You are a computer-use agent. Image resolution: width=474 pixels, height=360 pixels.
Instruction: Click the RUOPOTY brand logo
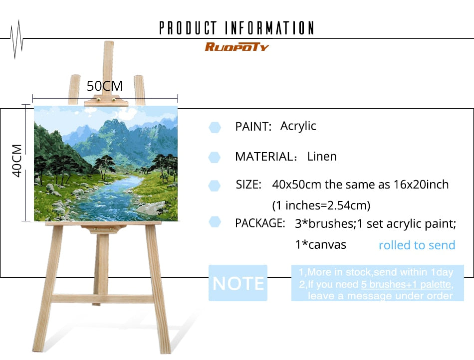click(237, 47)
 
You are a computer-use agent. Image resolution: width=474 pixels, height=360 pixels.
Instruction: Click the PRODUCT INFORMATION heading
click(237, 28)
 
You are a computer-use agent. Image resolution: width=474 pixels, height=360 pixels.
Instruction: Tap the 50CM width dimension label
click(105, 86)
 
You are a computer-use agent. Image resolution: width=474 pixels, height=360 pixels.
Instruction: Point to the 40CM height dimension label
click(17, 161)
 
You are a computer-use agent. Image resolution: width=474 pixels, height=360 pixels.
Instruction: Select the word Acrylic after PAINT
click(298, 126)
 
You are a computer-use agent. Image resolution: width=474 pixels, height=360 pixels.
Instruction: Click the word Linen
click(322, 157)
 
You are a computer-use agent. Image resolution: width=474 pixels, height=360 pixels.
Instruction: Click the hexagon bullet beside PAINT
click(215, 128)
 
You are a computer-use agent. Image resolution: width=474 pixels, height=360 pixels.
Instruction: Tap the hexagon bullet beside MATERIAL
click(215, 158)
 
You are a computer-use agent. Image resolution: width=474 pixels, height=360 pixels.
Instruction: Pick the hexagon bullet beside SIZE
click(215, 186)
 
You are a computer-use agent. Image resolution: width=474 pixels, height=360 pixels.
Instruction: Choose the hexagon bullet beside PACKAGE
click(215, 222)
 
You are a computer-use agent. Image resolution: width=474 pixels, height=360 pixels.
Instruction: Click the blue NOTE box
click(238, 283)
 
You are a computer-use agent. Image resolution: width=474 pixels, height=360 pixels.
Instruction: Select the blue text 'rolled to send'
click(417, 245)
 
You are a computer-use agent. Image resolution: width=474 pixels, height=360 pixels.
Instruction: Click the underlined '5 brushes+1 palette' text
click(406, 284)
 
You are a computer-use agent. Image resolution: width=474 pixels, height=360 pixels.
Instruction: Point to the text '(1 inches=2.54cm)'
click(321, 205)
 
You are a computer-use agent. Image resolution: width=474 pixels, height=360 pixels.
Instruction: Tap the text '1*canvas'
click(320, 245)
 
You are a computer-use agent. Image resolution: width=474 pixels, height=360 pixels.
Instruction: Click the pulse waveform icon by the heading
click(16, 39)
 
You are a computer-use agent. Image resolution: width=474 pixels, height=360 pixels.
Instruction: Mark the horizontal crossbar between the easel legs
click(103, 298)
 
